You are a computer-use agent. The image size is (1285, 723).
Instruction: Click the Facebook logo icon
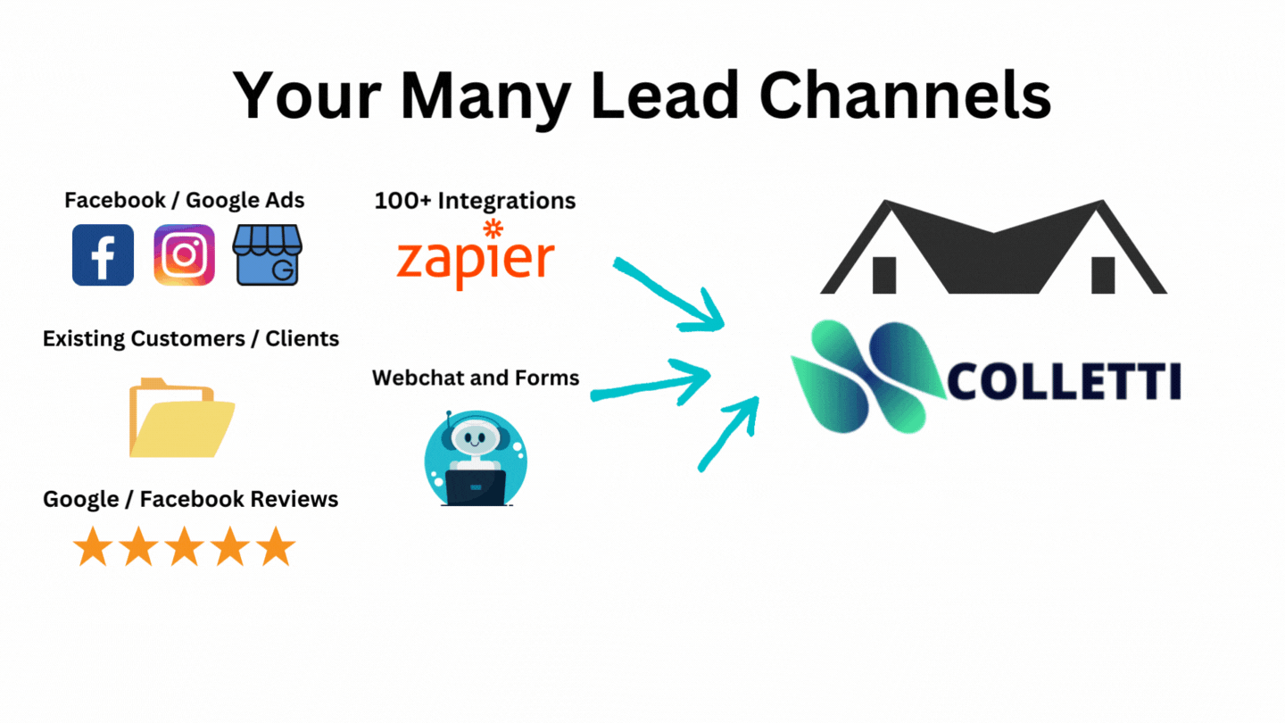(103, 255)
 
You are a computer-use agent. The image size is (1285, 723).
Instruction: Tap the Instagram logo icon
(184, 255)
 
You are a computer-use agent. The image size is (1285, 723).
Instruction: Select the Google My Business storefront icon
(267, 255)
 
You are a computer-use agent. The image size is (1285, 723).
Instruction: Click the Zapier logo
(475, 260)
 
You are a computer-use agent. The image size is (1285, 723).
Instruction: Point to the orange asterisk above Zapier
(492, 228)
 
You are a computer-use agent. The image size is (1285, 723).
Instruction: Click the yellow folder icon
(181, 418)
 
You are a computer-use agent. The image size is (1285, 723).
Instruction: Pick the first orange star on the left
(92, 546)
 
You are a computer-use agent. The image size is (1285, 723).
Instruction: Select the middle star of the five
(184, 546)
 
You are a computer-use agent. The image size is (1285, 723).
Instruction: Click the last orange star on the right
(275, 546)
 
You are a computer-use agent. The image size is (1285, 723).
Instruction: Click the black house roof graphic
(993, 247)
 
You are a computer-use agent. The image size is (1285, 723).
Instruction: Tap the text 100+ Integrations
(475, 200)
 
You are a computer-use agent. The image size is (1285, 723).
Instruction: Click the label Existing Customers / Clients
(191, 339)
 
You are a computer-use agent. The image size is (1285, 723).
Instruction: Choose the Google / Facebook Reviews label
(191, 499)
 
